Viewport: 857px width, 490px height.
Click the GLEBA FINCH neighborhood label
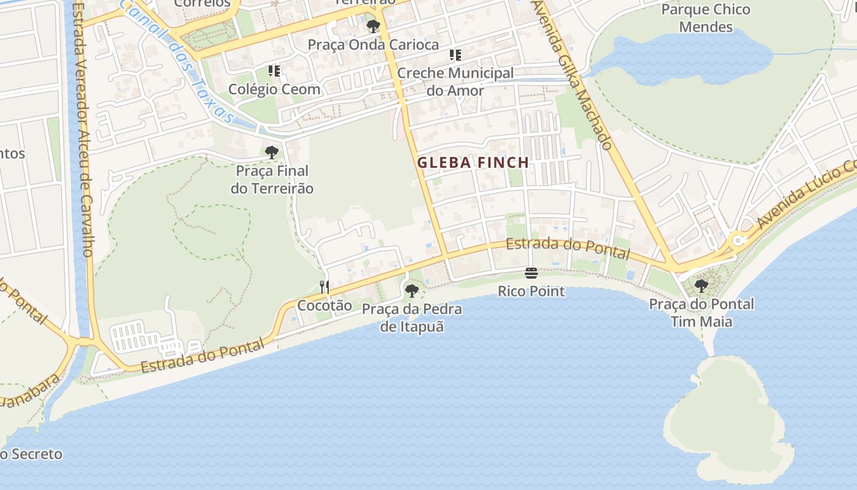[x=473, y=162]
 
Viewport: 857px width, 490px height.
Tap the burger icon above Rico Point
[x=531, y=273]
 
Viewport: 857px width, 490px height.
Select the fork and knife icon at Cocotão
[x=324, y=287]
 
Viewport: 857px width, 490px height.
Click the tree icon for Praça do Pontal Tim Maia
[x=701, y=285]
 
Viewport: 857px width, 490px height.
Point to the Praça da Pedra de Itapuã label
[x=411, y=317]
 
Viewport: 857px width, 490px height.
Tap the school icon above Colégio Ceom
[x=274, y=71]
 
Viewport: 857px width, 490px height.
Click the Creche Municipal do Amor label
[x=455, y=81]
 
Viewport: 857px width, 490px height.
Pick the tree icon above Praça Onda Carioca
[x=373, y=26]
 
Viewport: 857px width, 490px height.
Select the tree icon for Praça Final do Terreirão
[x=271, y=152]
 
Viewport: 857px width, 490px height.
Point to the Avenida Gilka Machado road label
[x=572, y=73]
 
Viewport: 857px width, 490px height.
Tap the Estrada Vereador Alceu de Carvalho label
[x=82, y=129]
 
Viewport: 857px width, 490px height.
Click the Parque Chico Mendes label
[x=706, y=18]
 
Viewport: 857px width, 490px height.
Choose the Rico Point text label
[x=531, y=291]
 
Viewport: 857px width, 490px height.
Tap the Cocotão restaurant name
[x=324, y=305]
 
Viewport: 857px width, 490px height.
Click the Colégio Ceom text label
[x=274, y=89]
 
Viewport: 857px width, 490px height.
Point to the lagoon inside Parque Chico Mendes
[x=686, y=55]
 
